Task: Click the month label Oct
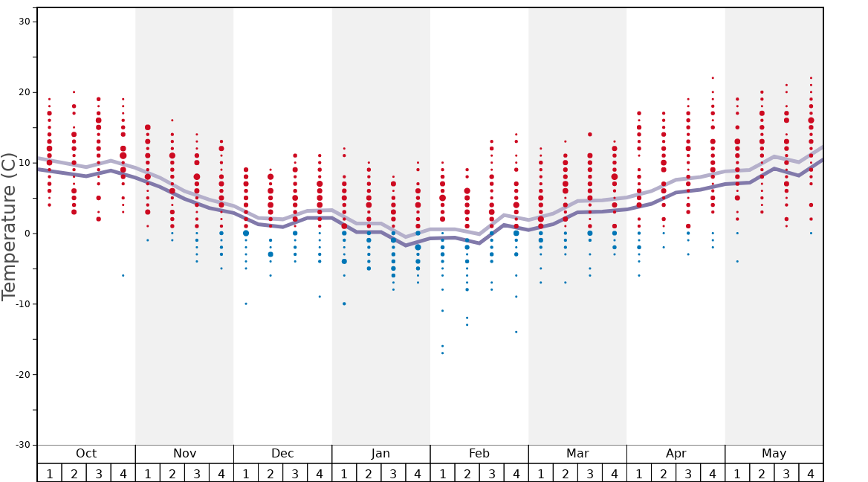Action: (x=86, y=454)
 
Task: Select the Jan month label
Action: (x=380, y=454)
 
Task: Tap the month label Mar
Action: (x=577, y=454)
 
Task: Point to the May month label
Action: (x=774, y=454)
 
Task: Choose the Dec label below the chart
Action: (x=282, y=454)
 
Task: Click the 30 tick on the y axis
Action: (x=24, y=22)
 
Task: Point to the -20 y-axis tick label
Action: (x=21, y=374)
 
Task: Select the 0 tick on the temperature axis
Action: (x=27, y=234)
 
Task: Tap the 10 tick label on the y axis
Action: (x=24, y=163)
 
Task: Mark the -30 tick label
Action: (x=21, y=445)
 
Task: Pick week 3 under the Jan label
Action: (x=393, y=473)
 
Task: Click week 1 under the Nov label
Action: (x=148, y=473)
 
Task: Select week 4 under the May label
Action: (x=811, y=473)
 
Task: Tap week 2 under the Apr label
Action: (x=664, y=473)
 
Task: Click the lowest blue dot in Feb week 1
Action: (x=442, y=353)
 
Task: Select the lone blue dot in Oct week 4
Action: (x=123, y=275)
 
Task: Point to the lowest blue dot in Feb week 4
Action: (x=516, y=332)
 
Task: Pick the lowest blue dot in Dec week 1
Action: (x=246, y=303)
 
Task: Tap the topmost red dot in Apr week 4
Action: (x=713, y=77)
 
